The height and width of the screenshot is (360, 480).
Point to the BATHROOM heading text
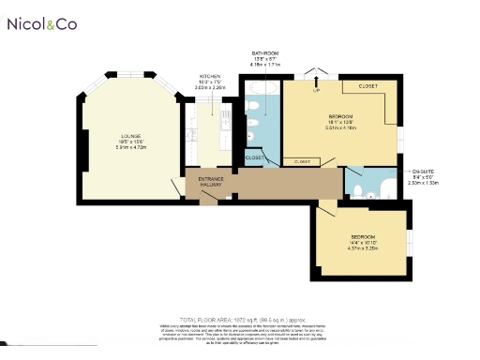click(264, 53)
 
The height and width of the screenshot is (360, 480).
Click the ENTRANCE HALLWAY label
click(211, 181)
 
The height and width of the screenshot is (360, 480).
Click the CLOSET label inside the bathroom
click(254, 157)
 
